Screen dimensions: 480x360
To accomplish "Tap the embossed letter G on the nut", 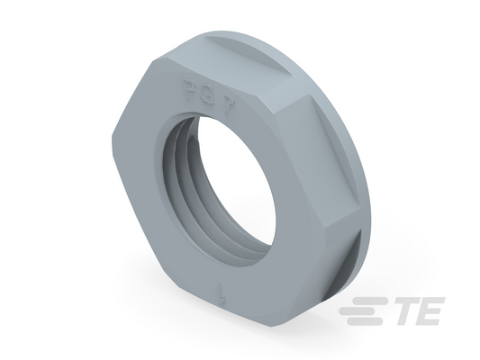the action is pos(207,97).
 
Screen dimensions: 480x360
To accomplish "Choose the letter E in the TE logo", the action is pos(430,311).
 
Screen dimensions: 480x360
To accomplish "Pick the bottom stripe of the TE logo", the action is pos(365,320).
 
